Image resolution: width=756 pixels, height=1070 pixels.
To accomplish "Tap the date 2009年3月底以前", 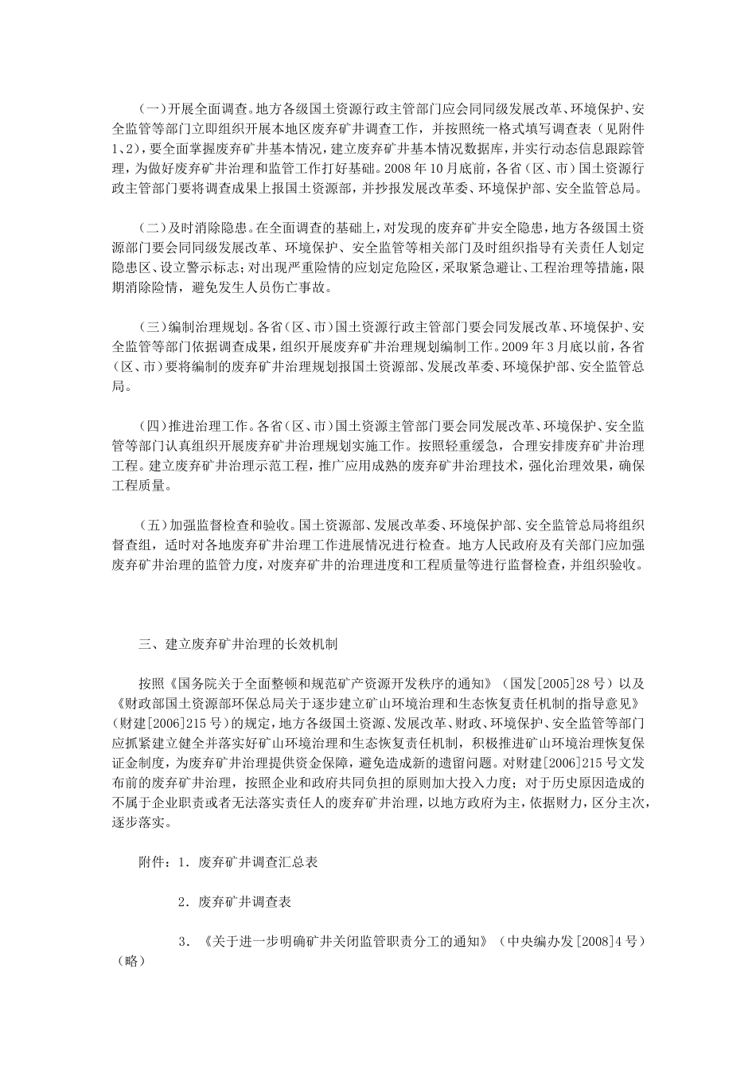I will (556, 346).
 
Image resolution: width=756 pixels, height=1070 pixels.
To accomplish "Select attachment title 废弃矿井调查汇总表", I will (258, 862).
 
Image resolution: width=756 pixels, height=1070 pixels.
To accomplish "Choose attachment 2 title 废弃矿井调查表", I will (244, 902).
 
